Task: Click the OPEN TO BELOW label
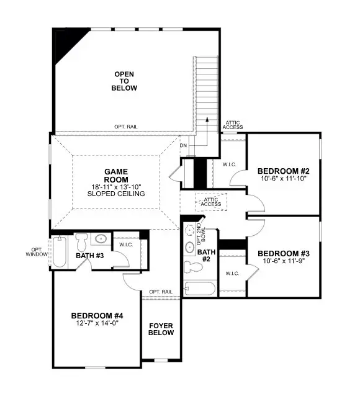click(x=125, y=81)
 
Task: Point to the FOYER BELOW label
click(x=161, y=329)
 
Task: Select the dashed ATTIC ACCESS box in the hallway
click(x=212, y=200)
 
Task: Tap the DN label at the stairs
click(x=183, y=145)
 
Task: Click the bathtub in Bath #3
click(x=60, y=252)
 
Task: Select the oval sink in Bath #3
click(x=99, y=239)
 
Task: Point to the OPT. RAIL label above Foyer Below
click(x=160, y=292)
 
